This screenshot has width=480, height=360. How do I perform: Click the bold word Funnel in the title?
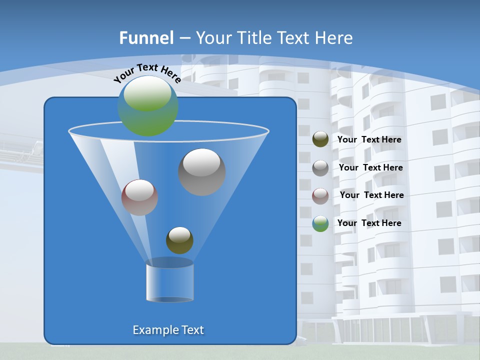(x=146, y=38)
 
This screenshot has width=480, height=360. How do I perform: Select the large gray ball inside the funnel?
(x=202, y=172)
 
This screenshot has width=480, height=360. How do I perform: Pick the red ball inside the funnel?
(x=139, y=197)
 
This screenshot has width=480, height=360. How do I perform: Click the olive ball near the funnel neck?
(x=179, y=240)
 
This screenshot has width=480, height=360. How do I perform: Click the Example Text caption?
(x=168, y=330)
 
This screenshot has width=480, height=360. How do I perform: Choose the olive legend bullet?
(x=320, y=139)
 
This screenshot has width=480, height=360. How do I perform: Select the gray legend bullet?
(x=320, y=168)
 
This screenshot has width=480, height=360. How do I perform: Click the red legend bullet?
(x=320, y=195)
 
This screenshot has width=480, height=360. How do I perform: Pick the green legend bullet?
(x=320, y=223)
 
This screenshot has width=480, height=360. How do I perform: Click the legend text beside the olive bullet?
(x=369, y=140)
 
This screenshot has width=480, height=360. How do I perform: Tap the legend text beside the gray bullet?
(x=370, y=168)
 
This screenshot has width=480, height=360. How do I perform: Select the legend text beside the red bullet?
(x=371, y=195)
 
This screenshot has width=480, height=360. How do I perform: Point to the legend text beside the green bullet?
(x=369, y=223)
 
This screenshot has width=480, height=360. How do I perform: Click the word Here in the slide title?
(x=335, y=38)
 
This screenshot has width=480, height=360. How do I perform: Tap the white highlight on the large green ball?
(x=147, y=94)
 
